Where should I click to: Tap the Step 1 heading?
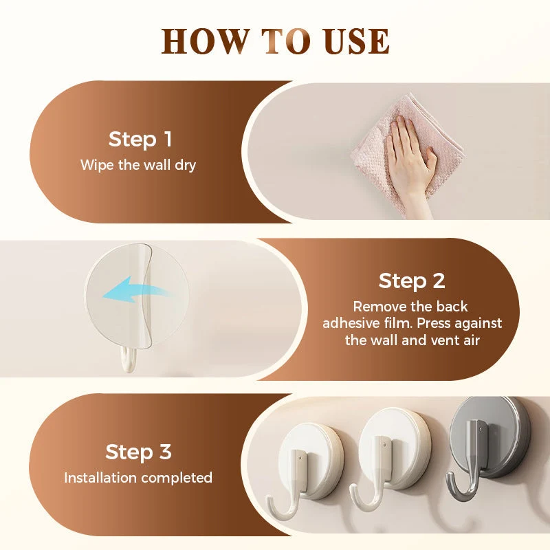pyautogui.click(x=140, y=140)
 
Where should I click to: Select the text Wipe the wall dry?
pyautogui.click(x=138, y=165)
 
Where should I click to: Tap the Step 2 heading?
pyautogui.click(x=412, y=281)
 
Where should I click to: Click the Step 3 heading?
pyautogui.click(x=139, y=452)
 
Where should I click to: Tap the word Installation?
pyautogui.click(x=100, y=478)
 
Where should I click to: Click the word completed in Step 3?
pyautogui.click(x=177, y=478)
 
